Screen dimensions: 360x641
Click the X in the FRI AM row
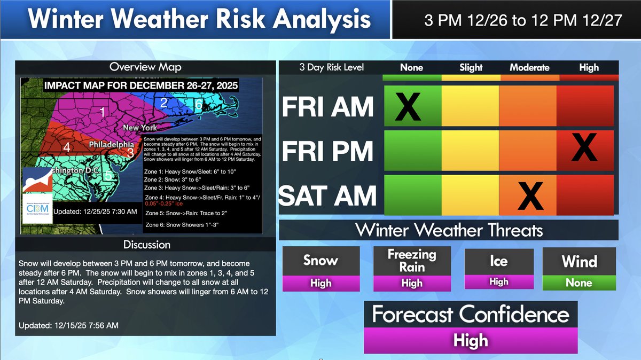[x=408, y=106]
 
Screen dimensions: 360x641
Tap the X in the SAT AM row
[x=530, y=196]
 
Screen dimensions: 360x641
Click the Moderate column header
[x=529, y=67]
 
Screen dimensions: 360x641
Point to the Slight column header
[x=471, y=67]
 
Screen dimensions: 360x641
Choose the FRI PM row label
[x=327, y=151]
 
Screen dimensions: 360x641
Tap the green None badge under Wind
[x=579, y=283]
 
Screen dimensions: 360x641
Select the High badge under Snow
[x=320, y=283]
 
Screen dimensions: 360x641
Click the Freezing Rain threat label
[x=412, y=261]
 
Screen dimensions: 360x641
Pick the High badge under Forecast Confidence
[x=471, y=340]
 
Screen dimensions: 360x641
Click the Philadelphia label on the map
[x=111, y=145]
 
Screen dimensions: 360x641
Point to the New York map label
[x=139, y=128]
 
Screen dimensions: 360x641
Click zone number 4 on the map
[x=67, y=147]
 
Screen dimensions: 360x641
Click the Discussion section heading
[x=147, y=245]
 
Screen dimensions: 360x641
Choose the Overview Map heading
[x=145, y=67]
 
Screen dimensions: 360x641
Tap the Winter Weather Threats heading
[x=449, y=230]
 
